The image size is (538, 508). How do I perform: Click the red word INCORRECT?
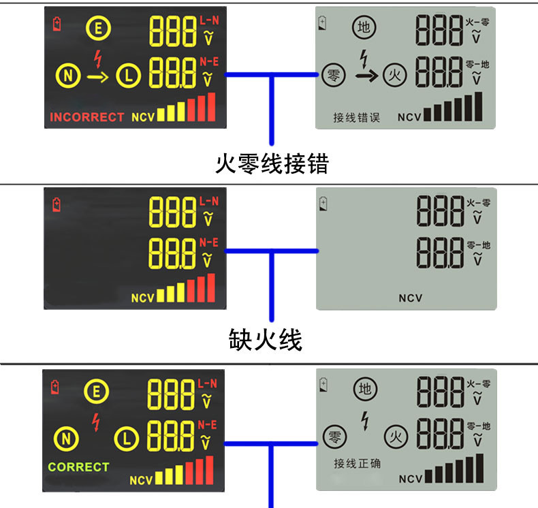point(87,116)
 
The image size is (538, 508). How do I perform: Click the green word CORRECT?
point(78,467)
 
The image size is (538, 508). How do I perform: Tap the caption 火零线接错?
point(272,163)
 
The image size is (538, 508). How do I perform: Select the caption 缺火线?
point(265,339)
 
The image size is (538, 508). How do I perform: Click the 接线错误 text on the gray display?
point(356,117)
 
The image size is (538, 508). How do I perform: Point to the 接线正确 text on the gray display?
point(357,464)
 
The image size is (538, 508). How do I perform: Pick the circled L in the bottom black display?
point(127,438)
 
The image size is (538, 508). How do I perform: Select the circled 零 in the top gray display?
point(333,74)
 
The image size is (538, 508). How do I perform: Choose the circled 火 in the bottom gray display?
point(394,436)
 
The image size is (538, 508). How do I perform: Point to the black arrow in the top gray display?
point(366,75)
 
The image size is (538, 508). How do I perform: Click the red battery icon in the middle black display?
point(56,203)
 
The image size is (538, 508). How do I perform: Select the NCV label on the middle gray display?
point(411,298)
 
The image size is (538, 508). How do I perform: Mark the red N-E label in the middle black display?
point(209,243)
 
